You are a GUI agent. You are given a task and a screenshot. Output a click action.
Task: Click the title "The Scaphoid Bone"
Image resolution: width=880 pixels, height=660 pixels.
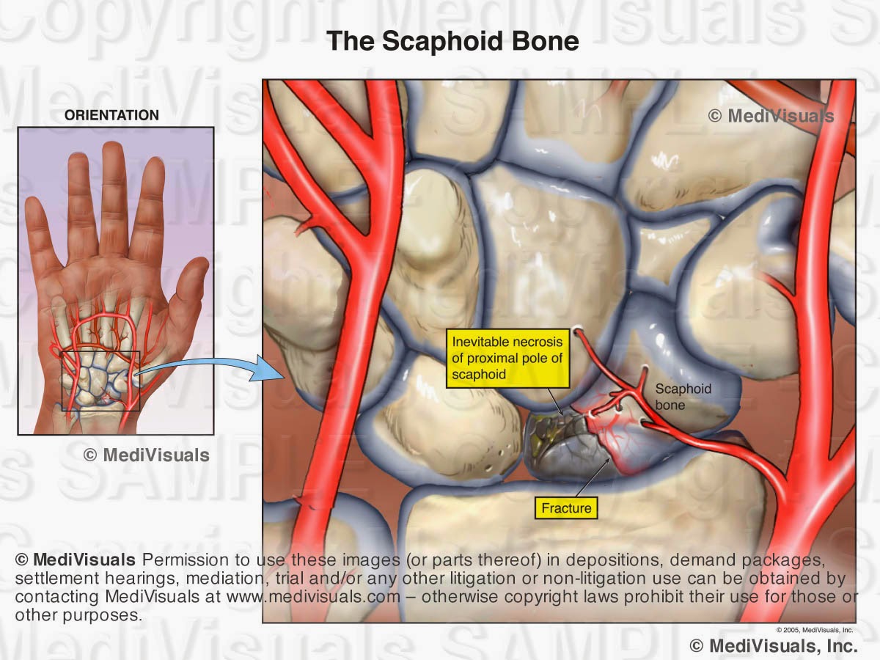point(452,41)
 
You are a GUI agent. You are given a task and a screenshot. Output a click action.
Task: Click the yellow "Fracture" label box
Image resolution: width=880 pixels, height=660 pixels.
point(565,507)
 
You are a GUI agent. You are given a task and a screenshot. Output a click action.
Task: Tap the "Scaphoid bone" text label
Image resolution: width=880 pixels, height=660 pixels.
point(683,397)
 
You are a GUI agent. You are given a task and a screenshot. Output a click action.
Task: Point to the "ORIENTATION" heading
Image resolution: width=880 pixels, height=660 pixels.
point(111,115)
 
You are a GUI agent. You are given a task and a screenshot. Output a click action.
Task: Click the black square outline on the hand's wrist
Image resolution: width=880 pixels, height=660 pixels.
point(101,380)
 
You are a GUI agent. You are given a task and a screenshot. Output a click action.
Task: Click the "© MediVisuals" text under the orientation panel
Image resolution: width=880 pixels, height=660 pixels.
point(147,455)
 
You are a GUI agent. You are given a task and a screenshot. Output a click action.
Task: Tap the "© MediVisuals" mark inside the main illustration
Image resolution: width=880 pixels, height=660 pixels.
point(771,116)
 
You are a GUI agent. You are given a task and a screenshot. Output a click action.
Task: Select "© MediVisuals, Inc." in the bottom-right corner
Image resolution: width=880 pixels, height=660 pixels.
point(774,645)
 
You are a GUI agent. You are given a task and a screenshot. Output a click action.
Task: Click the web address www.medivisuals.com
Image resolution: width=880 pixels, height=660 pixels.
point(313,596)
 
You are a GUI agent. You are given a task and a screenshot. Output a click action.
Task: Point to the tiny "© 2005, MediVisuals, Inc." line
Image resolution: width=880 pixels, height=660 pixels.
point(815,630)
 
